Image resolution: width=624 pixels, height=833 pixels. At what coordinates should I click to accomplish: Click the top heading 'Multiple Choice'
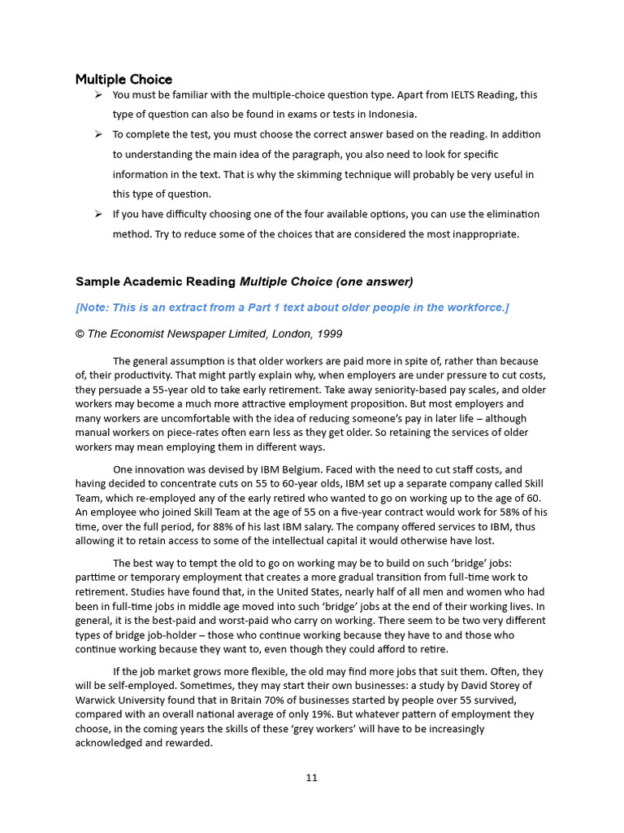coord(123,79)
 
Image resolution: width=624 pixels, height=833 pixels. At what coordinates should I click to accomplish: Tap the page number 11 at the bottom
coord(311,777)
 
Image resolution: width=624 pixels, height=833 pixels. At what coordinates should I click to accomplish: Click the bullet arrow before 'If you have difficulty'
coord(97,214)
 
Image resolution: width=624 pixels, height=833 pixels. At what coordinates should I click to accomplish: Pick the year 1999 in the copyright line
coord(327,334)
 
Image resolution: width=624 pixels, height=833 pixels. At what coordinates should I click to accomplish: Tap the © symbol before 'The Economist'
coord(80,334)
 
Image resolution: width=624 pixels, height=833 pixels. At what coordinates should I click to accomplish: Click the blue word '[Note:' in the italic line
coord(93,307)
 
